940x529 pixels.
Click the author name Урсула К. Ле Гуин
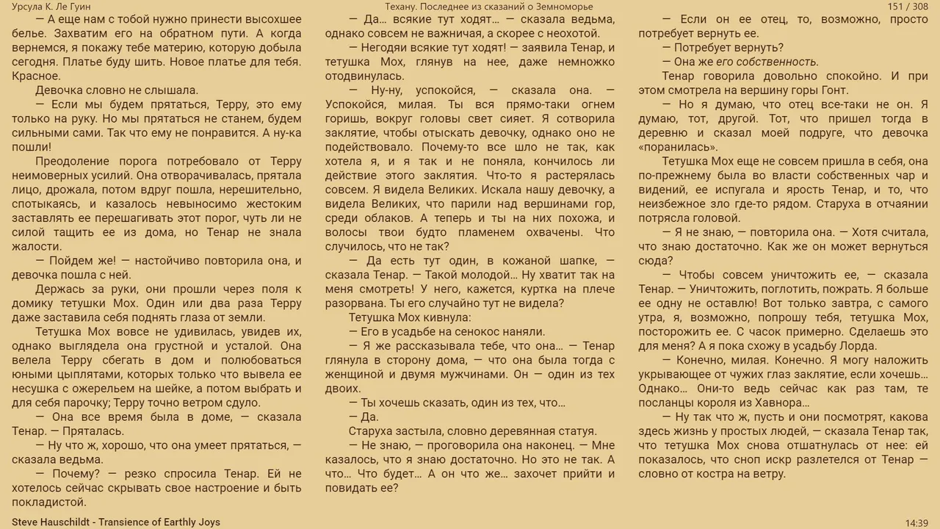51,7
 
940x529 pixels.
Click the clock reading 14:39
916,522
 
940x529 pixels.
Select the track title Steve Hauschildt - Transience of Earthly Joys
116,522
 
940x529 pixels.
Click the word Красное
36,76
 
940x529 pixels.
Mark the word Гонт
834,90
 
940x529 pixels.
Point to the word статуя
575,431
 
